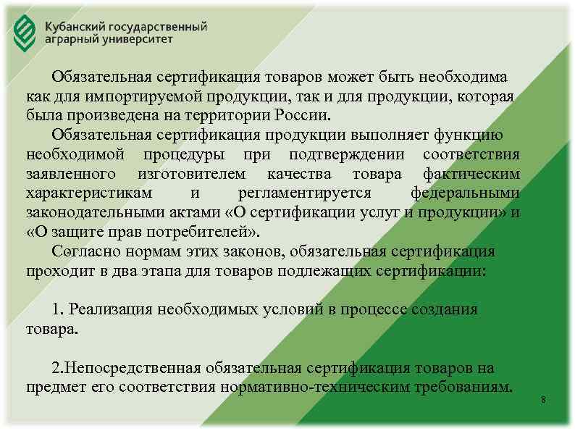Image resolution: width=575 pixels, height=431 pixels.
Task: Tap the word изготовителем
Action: click(x=190, y=175)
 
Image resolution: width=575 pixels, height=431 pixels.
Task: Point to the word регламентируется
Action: click(x=304, y=194)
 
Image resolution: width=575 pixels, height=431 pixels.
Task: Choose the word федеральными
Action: click(x=465, y=194)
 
